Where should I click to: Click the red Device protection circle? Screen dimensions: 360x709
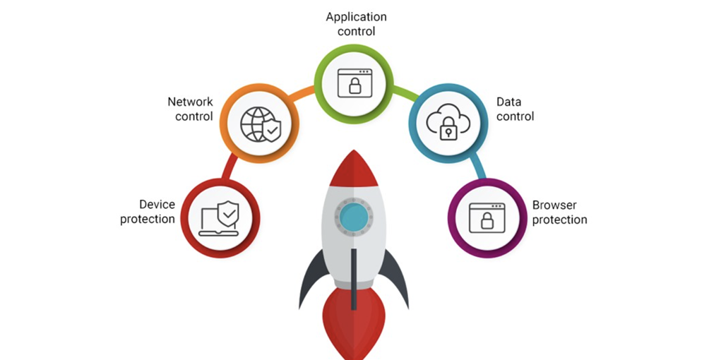[220, 217]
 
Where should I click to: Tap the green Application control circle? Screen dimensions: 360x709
[354, 82]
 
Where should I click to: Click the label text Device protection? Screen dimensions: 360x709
[147, 212]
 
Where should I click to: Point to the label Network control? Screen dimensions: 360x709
[190, 109]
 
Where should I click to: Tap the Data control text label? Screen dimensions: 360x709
[515, 109]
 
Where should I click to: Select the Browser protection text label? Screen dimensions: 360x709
[559, 212]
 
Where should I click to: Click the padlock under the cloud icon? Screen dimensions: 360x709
[446, 131]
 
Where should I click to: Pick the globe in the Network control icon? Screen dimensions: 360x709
[254, 124]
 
